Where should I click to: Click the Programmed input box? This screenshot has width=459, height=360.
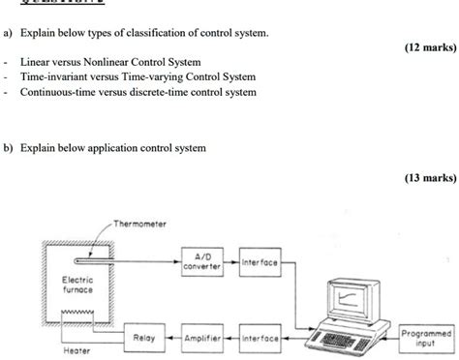click(425, 336)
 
